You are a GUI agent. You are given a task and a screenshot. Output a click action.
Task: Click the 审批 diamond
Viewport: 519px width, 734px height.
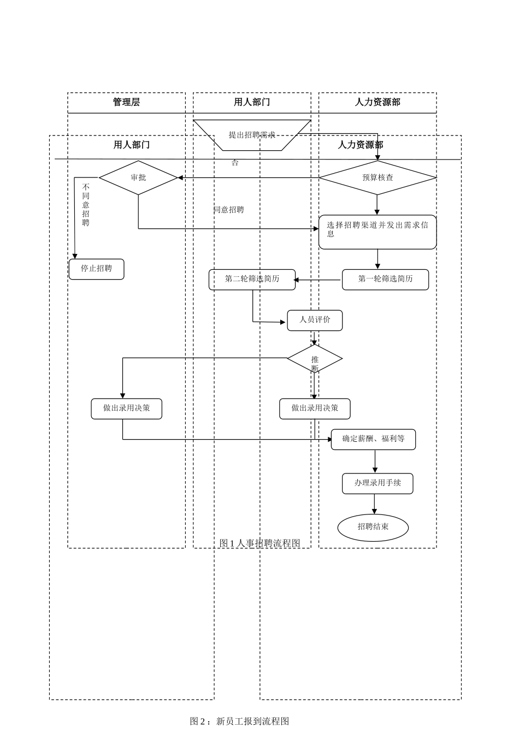[138, 177]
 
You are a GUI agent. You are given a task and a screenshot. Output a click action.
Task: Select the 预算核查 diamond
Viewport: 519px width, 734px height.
[378, 177]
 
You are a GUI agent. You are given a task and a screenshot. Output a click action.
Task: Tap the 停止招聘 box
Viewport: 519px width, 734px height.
[97, 269]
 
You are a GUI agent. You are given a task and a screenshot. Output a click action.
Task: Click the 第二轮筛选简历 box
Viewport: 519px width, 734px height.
[252, 279]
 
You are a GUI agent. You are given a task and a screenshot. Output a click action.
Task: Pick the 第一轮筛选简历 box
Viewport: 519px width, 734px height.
[385, 279]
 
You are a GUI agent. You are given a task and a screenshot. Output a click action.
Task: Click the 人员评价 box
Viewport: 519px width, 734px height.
[315, 320]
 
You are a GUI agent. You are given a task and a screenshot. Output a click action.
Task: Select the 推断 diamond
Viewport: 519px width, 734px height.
[315, 359]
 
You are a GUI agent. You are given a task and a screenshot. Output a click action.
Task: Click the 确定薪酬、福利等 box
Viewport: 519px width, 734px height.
[373, 439]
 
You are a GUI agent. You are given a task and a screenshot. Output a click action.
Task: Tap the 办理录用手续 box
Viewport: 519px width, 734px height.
[378, 483]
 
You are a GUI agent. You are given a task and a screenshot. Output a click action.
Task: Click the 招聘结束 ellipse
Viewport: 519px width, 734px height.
[373, 527]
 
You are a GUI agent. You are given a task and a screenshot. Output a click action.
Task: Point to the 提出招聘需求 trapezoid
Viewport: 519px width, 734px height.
[252, 135]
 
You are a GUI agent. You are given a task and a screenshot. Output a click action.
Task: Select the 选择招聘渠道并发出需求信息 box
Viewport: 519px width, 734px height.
[378, 232]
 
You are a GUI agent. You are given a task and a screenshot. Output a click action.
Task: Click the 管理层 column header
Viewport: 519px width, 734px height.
[126, 102]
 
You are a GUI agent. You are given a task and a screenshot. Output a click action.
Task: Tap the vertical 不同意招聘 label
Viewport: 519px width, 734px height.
[86, 205]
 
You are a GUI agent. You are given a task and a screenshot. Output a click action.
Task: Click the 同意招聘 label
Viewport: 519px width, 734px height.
[229, 210]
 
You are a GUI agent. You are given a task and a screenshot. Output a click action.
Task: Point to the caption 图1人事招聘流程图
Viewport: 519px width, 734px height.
[260, 543]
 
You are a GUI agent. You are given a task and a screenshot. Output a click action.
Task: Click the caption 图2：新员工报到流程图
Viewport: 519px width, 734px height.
[239, 721]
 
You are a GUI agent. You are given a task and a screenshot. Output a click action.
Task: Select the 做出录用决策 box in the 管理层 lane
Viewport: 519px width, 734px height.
[126, 409]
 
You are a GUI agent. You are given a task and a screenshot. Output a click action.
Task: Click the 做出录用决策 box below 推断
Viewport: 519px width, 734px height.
[315, 409]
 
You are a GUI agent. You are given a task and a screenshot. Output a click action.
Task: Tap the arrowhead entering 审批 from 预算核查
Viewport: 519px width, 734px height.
[181, 177]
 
